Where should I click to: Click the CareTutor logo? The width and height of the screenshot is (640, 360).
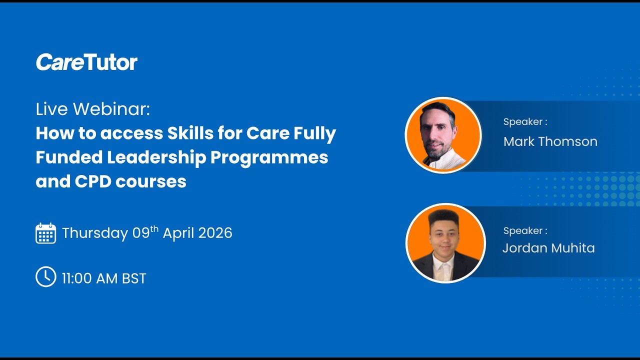click(x=86, y=62)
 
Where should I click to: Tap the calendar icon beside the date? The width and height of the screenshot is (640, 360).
click(x=45, y=233)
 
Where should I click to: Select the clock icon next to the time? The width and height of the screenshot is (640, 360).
click(x=45, y=277)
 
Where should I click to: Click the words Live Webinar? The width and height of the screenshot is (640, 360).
click(x=92, y=109)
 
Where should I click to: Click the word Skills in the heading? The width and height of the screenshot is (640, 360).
click(x=192, y=133)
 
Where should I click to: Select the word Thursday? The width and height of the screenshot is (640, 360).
click(x=95, y=233)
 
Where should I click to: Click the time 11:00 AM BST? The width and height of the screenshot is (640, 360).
click(x=104, y=278)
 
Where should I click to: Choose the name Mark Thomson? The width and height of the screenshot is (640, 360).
click(x=550, y=141)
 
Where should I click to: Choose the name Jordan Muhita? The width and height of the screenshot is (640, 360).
click(x=548, y=248)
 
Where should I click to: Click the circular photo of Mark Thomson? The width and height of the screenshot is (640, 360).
click(x=443, y=135)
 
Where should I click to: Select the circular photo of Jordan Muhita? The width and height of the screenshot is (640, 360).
click(x=445, y=243)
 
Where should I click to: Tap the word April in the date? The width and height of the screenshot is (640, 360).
click(x=178, y=233)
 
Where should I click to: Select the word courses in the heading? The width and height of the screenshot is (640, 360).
click(x=151, y=181)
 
